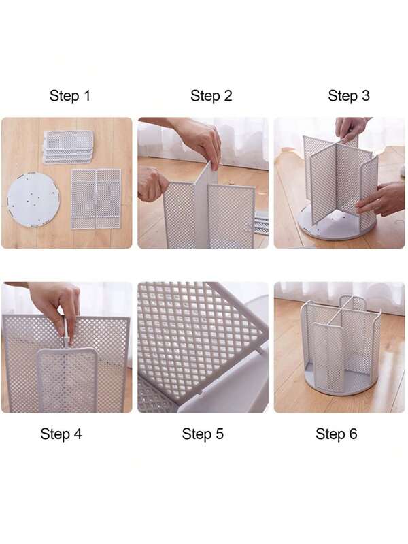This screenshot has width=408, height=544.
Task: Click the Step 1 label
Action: point(69,96)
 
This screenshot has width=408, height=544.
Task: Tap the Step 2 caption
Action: point(211,96)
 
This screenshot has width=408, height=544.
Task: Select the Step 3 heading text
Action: point(348,96)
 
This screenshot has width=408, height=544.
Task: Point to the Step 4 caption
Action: point(61,434)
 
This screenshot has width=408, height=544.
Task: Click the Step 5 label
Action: point(203,434)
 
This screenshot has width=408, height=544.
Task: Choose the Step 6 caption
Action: point(336,434)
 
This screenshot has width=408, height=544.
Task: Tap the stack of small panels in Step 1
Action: point(68,146)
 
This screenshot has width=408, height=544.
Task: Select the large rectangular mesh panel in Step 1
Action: point(96,197)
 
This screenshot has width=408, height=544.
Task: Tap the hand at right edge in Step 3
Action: point(384,199)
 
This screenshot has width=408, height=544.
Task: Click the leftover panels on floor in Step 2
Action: point(261,222)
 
